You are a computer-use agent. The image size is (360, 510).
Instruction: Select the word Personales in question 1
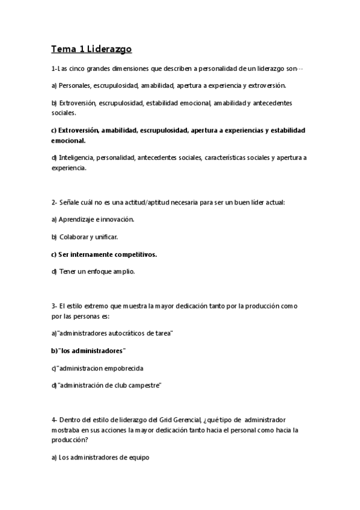[x=76, y=85]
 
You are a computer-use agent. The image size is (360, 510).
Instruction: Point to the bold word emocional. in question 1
[x=69, y=140]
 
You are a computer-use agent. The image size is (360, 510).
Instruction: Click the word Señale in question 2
[x=69, y=203]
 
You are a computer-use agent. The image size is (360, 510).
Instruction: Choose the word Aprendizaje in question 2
[x=76, y=220]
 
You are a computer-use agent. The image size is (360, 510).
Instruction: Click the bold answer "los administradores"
[x=88, y=350]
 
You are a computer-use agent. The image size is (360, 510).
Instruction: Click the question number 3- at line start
[x=54, y=306]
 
